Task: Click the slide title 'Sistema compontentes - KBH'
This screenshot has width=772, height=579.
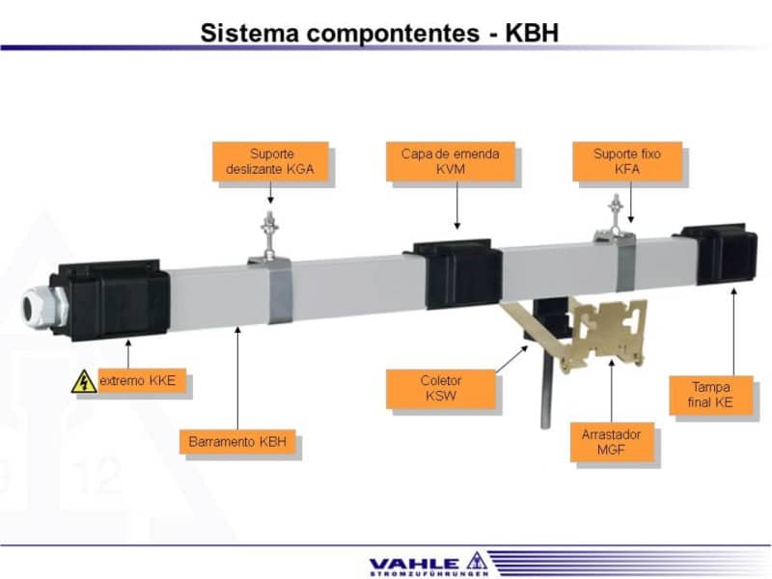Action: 379,33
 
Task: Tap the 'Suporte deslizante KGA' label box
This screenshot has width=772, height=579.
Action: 270,161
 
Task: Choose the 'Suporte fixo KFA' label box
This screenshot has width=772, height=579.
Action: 629,161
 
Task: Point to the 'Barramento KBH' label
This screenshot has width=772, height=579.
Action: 237,443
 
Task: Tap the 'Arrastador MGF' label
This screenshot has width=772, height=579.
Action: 612,442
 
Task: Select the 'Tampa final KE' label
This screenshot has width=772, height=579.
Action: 710,395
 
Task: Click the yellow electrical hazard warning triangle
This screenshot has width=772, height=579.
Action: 84,382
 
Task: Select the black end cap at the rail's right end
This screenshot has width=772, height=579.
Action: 719,253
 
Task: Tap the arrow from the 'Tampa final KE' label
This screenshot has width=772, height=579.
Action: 733,328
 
